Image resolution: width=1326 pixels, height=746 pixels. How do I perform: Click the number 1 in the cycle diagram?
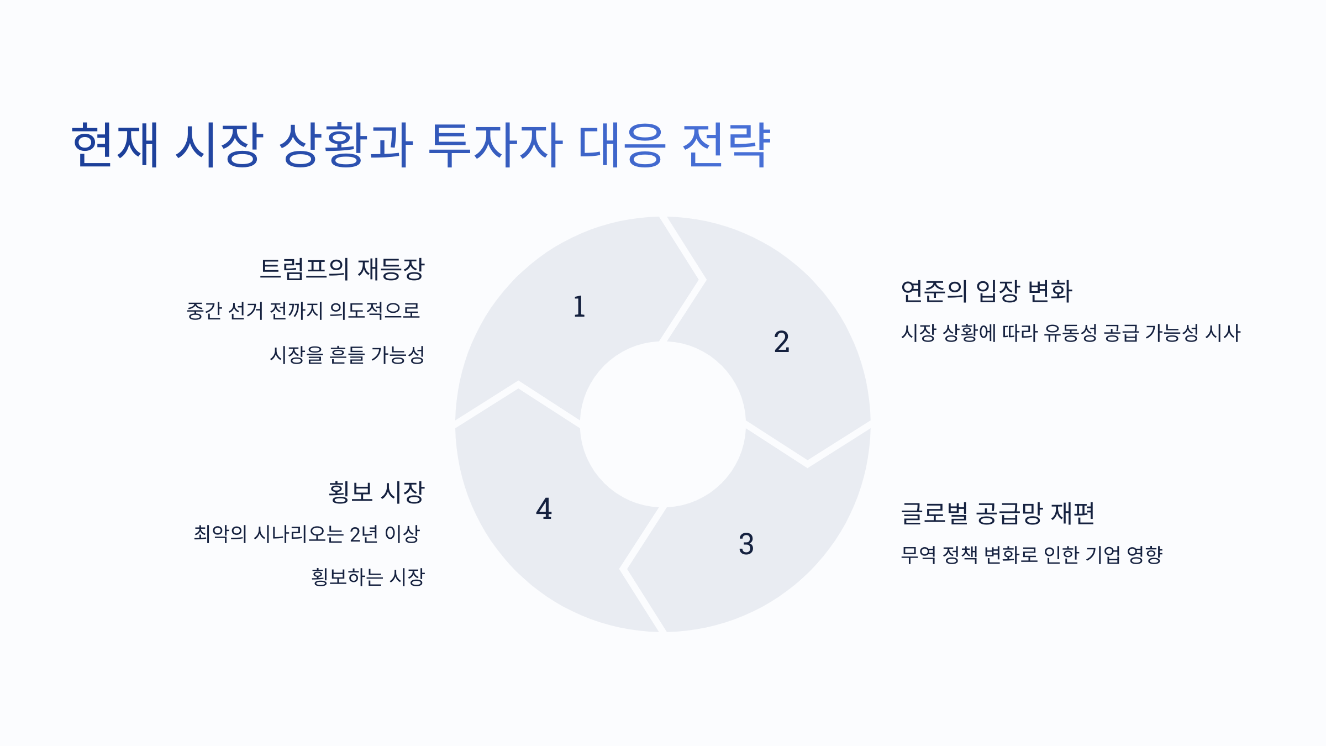579,307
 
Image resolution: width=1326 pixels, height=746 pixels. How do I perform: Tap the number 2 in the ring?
781,342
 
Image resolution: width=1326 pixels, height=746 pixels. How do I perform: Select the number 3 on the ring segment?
746,544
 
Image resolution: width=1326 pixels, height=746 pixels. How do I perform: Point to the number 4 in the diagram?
544,508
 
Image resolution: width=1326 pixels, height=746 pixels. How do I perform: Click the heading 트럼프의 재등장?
342,269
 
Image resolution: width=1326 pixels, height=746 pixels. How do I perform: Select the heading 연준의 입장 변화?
986,291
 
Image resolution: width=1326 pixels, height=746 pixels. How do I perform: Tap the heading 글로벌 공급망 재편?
997,513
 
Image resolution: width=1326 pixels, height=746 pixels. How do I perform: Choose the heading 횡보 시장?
376,492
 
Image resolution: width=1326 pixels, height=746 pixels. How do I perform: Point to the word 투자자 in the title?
495,145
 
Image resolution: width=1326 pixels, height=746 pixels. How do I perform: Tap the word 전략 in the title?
726,145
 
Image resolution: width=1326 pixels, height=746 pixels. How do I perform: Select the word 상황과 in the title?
346,145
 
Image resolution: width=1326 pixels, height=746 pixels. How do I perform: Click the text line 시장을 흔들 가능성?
347,355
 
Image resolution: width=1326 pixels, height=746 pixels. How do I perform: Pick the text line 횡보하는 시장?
368,577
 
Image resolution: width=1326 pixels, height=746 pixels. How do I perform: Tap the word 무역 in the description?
918,555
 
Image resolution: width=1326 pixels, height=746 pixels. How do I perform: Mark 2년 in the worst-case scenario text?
364,534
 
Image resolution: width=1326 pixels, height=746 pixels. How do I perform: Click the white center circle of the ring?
662,424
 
